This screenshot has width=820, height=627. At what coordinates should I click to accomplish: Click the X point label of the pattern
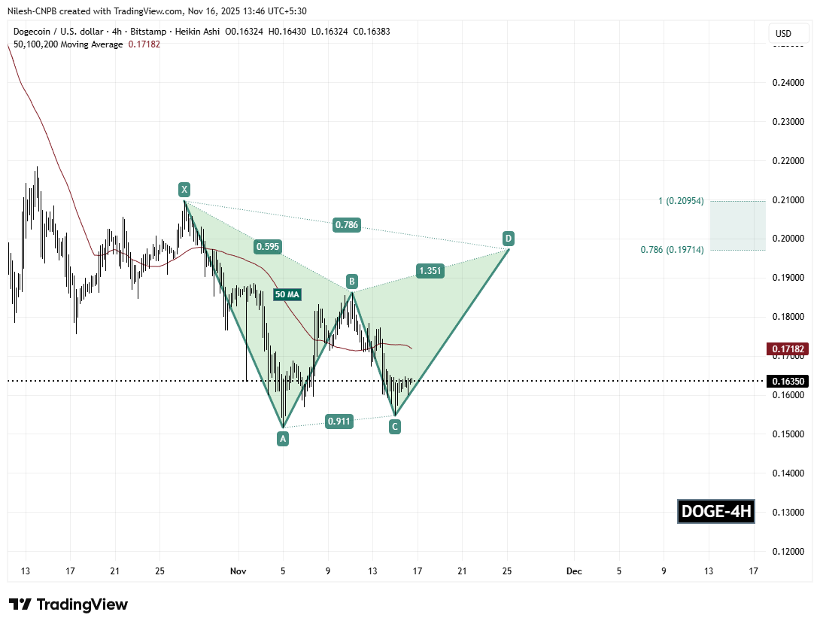184,189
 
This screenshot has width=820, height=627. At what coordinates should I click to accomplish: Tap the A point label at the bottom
283,438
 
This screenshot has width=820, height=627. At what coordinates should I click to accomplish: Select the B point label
351,282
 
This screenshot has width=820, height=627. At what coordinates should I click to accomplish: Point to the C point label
394,427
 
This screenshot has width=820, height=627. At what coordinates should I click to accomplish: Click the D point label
509,239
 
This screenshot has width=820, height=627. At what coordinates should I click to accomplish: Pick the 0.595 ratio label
269,246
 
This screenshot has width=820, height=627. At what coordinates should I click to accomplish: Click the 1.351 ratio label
430,270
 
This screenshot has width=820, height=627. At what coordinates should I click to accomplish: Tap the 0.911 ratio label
339,422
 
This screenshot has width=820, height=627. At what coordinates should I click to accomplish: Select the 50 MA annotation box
288,295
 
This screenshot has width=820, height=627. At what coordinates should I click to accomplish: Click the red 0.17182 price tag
787,349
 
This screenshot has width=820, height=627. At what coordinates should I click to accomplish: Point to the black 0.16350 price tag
787,381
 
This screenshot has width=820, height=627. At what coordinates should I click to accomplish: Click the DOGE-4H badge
715,512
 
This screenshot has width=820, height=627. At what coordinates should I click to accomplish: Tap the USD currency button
783,34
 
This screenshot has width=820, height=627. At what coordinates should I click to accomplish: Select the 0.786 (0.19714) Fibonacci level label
671,249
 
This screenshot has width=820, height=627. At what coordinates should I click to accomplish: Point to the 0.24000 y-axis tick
786,83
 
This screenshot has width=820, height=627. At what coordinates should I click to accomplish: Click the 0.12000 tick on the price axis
786,552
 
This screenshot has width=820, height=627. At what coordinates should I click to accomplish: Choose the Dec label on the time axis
574,571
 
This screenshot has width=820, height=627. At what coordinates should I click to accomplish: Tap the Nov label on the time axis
238,571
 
